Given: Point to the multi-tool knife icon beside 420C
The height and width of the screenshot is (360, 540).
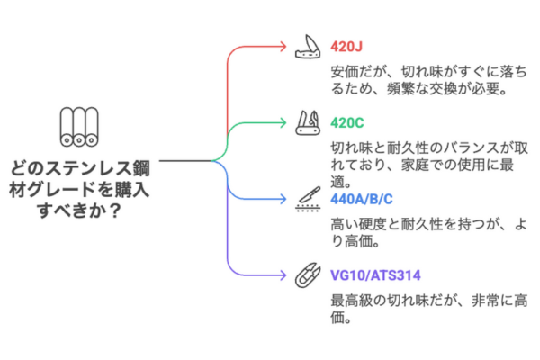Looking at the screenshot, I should [306, 121].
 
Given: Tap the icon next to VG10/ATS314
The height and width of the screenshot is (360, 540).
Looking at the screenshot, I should [306, 274].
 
